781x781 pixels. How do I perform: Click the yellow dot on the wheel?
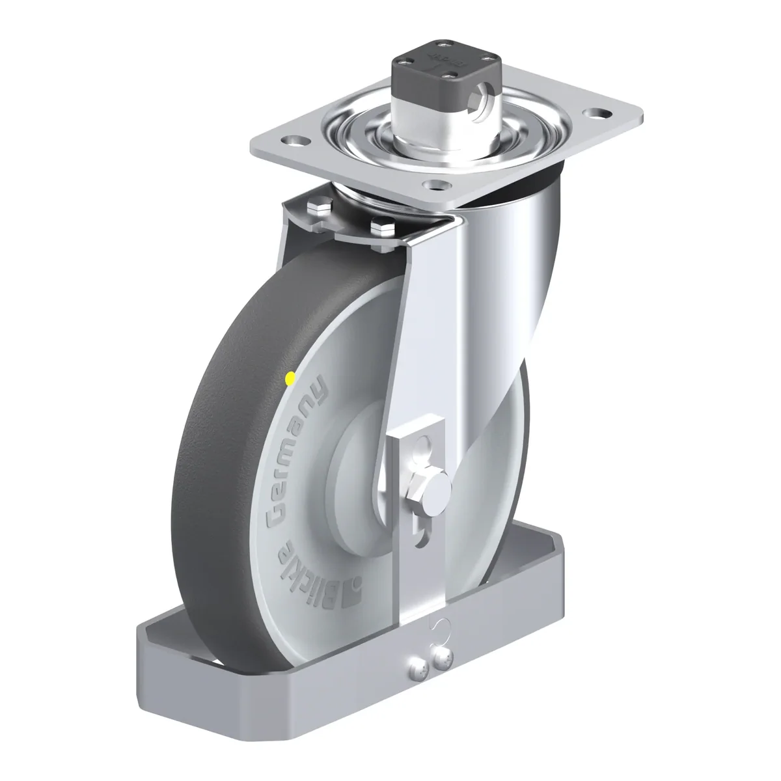pyautogui.click(x=290, y=379)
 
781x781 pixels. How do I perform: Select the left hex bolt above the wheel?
pyautogui.click(x=320, y=208)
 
